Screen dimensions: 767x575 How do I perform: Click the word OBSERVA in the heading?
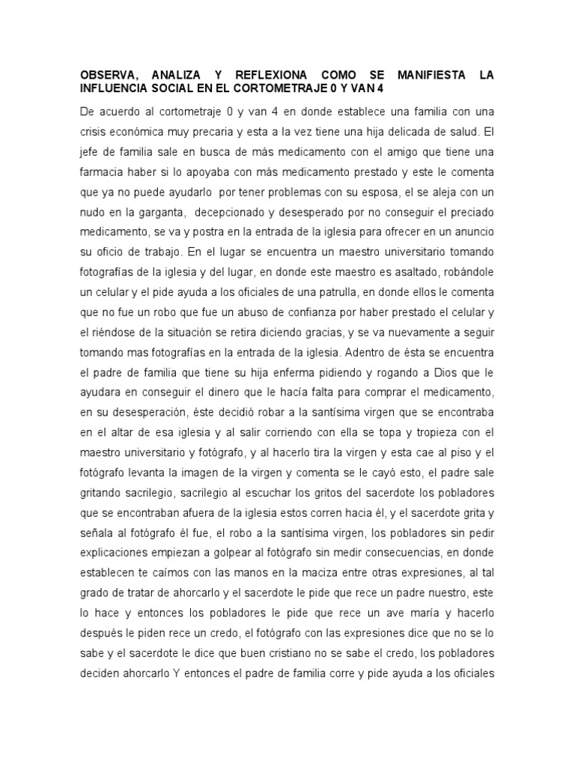coord(109,75)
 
